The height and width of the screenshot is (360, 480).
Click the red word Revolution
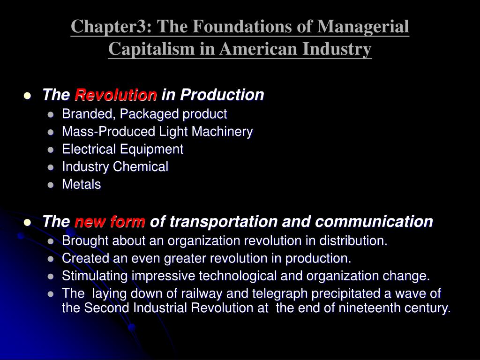pyautogui.click(x=116, y=95)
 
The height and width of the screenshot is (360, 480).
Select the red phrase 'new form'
pyautogui.click(x=110, y=221)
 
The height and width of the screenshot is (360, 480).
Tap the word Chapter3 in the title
pyautogui.click(x=109, y=27)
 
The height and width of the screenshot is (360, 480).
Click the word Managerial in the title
pyautogui.click(x=363, y=27)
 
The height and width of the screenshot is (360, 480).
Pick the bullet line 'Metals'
pyautogui.click(x=82, y=185)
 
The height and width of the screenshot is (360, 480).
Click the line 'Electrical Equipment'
pyautogui.click(x=122, y=150)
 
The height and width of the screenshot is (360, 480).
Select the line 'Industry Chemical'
pyautogui.click(x=115, y=167)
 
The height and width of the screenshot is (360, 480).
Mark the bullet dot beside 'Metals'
pyautogui.click(x=51, y=185)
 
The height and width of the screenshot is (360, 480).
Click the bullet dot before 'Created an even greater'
pyautogui.click(x=51, y=259)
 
